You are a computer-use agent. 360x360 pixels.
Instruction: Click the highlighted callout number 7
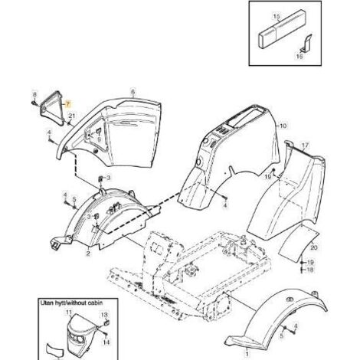(67, 103)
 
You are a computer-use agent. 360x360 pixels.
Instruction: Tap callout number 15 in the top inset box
(277, 17)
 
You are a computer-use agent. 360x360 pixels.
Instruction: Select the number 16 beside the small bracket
(299, 56)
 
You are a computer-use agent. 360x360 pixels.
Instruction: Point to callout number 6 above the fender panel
(133, 92)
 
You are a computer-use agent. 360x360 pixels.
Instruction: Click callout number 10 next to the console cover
(283, 126)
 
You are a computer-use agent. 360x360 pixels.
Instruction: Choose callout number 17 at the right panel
(305, 146)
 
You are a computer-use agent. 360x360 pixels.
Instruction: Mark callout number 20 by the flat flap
(314, 247)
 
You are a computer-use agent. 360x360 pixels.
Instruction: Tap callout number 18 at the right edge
(310, 270)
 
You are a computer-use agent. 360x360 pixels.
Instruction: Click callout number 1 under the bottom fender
(247, 354)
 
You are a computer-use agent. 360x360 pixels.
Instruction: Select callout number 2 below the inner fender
(88, 254)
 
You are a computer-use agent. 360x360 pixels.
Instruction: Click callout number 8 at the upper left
(35, 95)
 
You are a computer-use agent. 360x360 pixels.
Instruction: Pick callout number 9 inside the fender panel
(99, 139)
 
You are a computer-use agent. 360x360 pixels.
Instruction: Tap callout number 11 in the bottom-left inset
(69, 312)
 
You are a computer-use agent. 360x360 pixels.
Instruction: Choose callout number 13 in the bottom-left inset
(104, 315)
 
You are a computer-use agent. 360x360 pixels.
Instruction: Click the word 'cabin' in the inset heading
(95, 303)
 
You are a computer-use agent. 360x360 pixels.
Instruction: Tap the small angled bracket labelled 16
(306, 43)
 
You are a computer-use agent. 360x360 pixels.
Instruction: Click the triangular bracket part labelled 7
(52, 107)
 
